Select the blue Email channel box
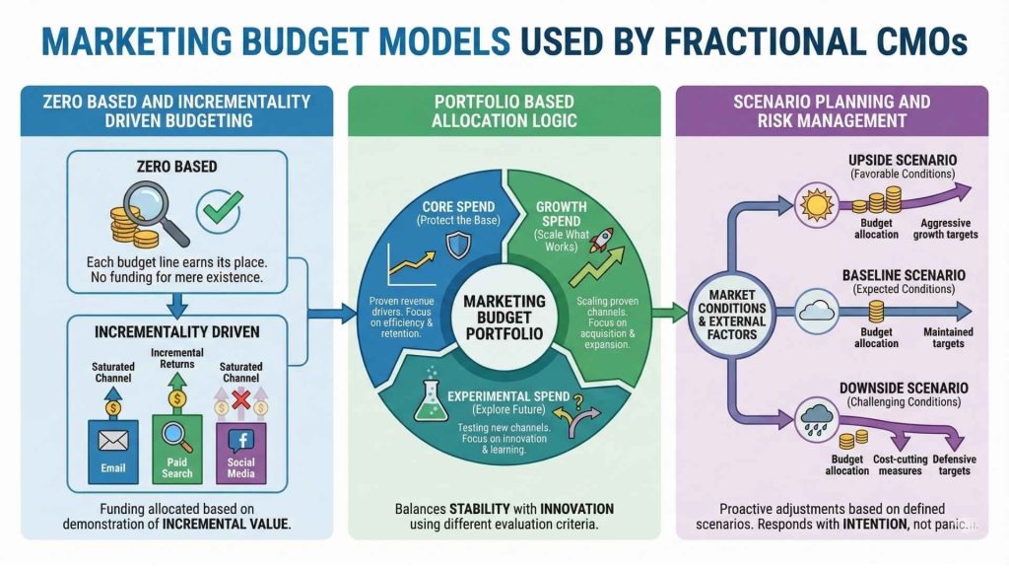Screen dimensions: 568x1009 click(x=113, y=449)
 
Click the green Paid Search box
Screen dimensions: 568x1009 click(x=177, y=449)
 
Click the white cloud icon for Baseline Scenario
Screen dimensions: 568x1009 click(x=816, y=309)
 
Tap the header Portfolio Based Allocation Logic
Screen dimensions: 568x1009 click(x=504, y=110)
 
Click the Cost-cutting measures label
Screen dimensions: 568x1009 click(x=898, y=465)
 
